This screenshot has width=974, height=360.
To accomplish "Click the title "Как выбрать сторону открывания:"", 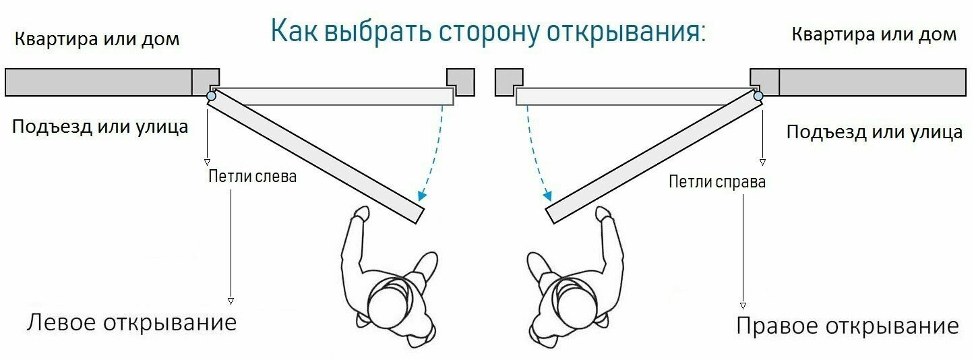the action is (487, 31).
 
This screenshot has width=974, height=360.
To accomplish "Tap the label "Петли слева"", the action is (252, 177).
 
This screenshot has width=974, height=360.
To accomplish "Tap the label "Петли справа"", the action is (717, 181).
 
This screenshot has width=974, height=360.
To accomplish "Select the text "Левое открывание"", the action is (131, 322).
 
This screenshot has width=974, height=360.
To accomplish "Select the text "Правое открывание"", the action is (847, 326).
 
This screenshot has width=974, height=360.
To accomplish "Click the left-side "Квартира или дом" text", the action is (97, 38).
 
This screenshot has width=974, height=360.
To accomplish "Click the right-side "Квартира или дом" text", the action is (874, 34).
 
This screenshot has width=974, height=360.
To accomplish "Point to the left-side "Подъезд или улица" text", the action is (100, 126).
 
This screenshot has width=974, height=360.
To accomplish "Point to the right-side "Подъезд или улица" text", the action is (874, 131).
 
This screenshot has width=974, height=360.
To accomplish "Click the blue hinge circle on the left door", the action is (211, 97).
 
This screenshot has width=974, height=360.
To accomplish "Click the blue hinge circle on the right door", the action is (758, 96).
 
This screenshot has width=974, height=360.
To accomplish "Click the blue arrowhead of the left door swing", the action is (421, 196).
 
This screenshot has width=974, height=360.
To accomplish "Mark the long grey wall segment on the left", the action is (98, 82).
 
